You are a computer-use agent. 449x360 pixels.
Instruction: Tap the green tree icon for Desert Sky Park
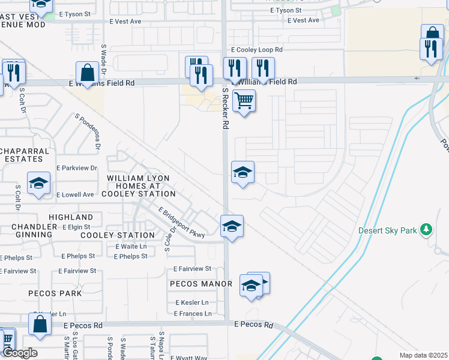pos(426,229)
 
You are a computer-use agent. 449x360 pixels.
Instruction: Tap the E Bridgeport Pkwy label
pos(182,222)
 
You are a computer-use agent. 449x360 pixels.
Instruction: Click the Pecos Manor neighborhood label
pos(200,284)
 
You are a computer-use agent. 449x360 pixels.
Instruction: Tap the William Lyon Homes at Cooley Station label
pos(141,186)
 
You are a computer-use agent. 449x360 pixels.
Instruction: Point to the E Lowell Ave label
pos(75,194)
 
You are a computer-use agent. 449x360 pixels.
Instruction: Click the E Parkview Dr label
pos(76,169)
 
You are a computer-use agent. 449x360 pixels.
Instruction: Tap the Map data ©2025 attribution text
pos(423,355)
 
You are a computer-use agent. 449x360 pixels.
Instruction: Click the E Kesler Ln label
pos(192,302)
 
